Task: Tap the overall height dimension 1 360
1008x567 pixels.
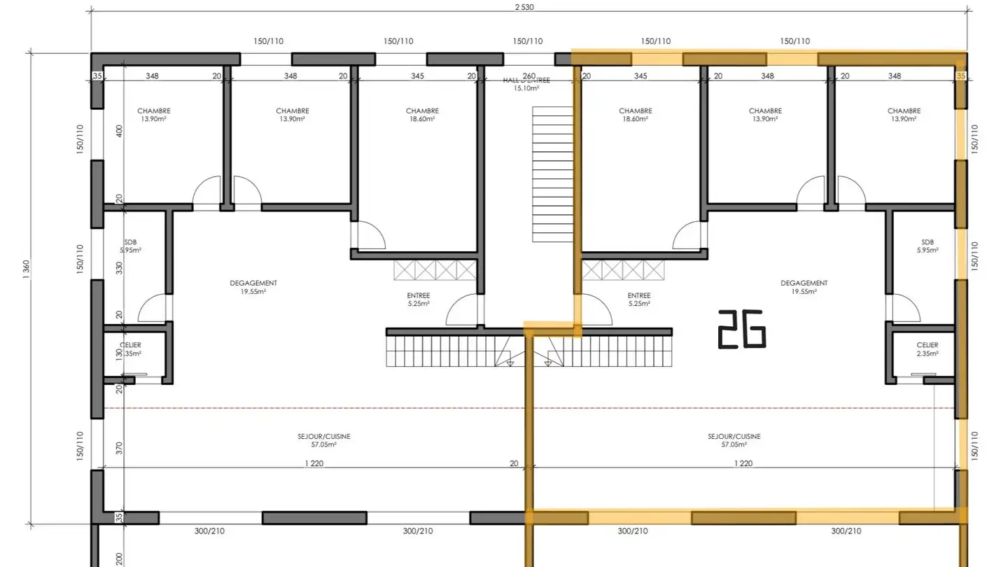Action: [x=27, y=270]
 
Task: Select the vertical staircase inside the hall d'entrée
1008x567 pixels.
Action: [x=553, y=174]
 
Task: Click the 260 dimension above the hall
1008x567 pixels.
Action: [x=529, y=76]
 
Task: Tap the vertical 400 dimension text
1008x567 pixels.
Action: [x=119, y=131]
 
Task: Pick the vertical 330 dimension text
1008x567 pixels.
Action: [x=119, y=267]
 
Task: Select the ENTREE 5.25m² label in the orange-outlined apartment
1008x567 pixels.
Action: [x=639, y=299]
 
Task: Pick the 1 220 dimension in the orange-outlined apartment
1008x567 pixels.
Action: [x=743, y=463]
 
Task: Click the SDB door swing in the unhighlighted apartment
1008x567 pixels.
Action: [x=153, y=308]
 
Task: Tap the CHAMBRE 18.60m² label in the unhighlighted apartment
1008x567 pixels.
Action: [x=422, y=115]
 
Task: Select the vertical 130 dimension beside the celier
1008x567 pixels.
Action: [x=119, y=355]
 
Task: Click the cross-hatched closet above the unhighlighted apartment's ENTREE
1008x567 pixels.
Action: [x=435, y=270]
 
